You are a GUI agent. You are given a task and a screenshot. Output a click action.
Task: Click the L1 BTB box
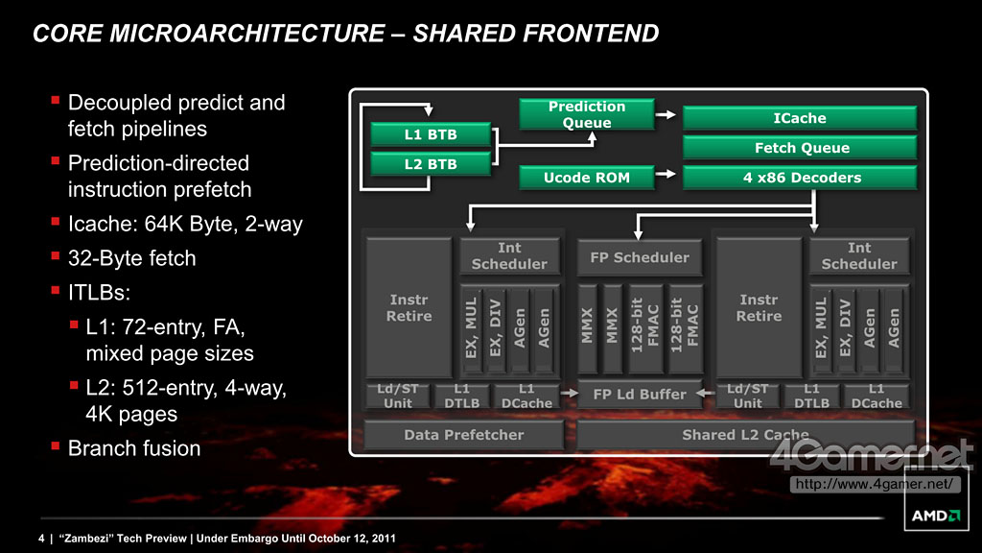tap(431, 134)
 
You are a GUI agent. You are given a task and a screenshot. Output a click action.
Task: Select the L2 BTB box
tap(431, 164)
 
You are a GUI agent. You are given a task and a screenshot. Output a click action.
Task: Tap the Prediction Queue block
tap(587, 114)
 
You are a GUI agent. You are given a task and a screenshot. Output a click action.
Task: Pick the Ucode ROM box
tap(587, 178)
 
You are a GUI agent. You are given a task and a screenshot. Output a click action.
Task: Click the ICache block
tap(800, 118)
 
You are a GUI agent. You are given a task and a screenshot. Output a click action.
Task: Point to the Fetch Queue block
tap(800, 148)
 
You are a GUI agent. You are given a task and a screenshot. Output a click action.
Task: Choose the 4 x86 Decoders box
tap(800, 178)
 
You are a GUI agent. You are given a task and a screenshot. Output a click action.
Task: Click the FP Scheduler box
tap(640, 257)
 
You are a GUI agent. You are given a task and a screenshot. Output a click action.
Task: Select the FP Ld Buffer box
tap(640, 395)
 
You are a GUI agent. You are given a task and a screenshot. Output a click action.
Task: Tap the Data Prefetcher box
tap(463, 435)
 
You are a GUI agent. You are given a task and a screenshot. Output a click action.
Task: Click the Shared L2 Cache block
tap(745, 435)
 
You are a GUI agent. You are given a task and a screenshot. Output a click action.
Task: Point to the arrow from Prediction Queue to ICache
tap(666, 115)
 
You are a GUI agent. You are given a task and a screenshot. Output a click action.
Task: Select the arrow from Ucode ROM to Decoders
tap(666, 174)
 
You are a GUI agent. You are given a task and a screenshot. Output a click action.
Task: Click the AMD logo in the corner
tap(936, 516)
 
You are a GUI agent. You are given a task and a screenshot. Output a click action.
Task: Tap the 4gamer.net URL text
tap(875, 484)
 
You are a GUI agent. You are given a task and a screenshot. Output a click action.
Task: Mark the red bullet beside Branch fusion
tap(55, 445)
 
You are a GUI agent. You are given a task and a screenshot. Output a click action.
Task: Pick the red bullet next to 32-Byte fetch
tap(55, 255)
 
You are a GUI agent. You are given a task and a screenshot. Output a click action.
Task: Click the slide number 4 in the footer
tap(41, 538)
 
